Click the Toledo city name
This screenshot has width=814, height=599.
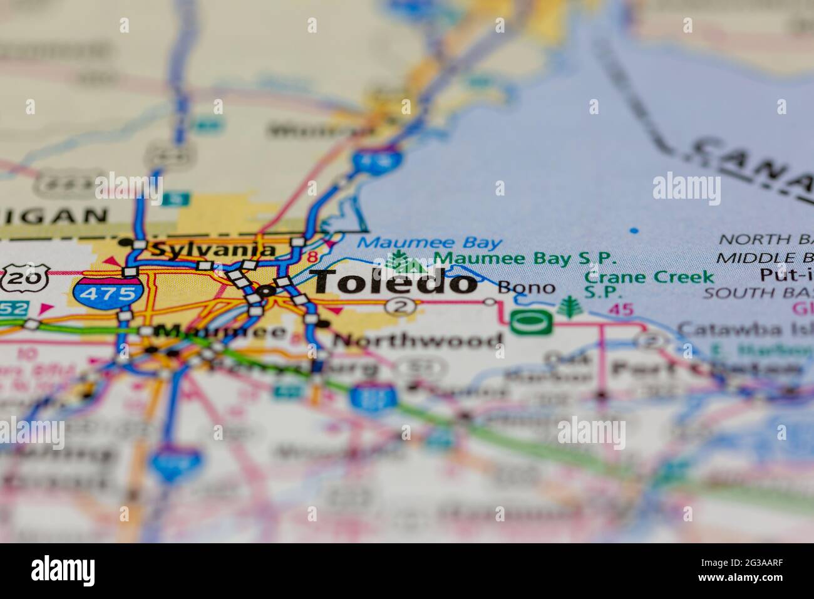(x=395, y=283)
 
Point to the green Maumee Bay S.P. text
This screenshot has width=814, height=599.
(x=525, y=258)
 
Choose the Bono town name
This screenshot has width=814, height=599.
(x=526, y=288)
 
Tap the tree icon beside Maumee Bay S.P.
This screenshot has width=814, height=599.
(x=397, y=259)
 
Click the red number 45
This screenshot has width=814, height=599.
(x=620, y=309)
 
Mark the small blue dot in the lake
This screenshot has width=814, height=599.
(x=634, y=231)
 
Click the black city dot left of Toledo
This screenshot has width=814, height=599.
(x=266, y=290)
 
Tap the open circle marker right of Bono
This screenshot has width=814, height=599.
(x=490, y=302)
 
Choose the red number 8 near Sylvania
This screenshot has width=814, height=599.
(x=311, y=256)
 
